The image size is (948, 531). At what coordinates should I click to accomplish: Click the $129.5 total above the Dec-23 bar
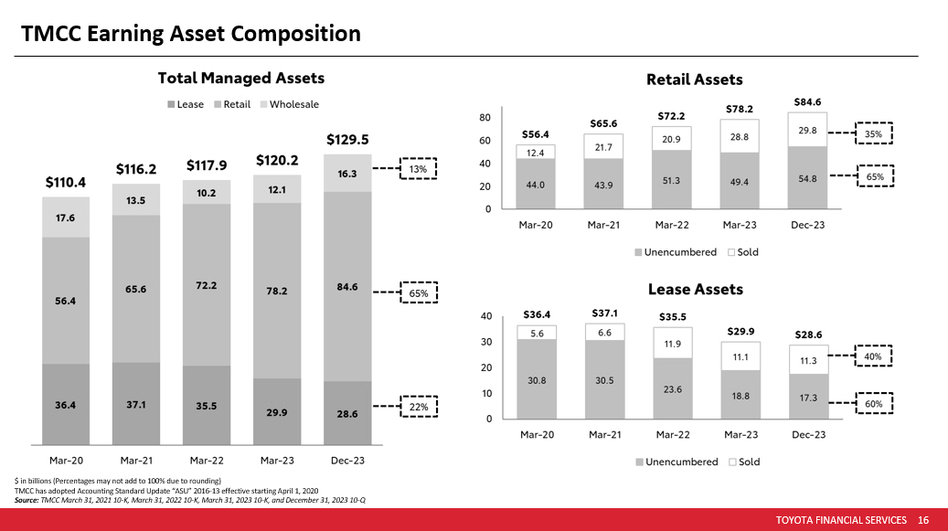tap(346, 140)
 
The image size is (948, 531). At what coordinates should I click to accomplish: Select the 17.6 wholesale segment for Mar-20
tap(66, 217)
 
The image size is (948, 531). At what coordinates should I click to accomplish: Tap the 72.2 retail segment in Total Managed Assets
tap(207, 285)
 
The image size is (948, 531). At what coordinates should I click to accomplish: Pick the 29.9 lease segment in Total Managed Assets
tap(276, 412)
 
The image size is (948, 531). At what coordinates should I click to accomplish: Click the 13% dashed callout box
tap(418, 169)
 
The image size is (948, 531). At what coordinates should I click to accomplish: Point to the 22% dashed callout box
tap(418, 406)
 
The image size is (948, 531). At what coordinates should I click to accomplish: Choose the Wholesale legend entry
tap(293, 104)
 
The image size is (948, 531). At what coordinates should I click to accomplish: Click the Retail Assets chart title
tap(694, 80)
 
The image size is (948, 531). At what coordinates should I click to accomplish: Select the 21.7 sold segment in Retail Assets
tap(602, 146)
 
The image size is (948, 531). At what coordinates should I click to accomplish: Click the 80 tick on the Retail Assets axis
tap(485, 118)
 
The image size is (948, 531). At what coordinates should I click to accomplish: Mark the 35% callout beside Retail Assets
tap(873, 134)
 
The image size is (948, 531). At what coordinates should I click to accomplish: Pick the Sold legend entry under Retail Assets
tap(742, 251)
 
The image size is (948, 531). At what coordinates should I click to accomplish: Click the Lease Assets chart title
tap(695, 289)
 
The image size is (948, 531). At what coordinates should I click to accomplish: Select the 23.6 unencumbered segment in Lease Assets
tap(672, 388)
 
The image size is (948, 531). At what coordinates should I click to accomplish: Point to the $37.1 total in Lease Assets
tap(602, 313)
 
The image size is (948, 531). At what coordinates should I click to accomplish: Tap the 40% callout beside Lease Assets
tap(872, 357)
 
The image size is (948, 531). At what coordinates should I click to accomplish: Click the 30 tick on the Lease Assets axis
tap(486, 342)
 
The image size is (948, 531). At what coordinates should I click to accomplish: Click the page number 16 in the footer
tap(922, 520)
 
